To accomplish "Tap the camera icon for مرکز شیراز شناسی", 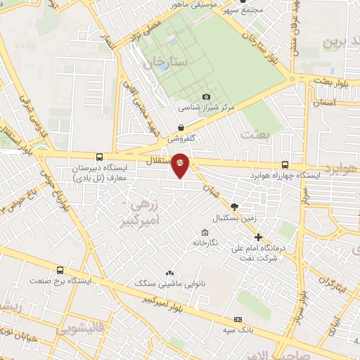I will pos(206,96).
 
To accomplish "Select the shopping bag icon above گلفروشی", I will pos(181,128).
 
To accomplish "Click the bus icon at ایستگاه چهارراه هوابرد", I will pos(285,161).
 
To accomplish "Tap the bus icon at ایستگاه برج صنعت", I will pos(60,269).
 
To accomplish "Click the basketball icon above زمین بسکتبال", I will pos(234,207).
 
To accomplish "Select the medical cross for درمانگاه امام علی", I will pos(258,237).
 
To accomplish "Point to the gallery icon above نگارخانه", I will pos(205,233).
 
